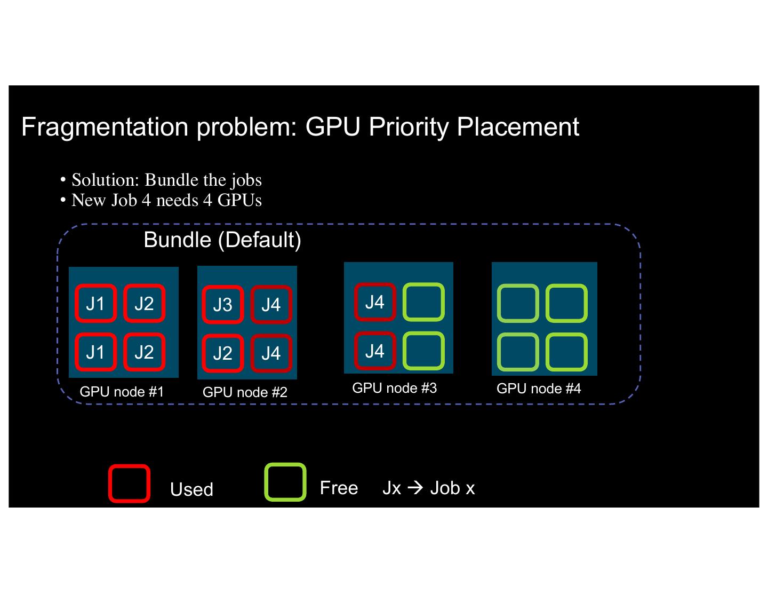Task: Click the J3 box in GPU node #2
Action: pos(222,305)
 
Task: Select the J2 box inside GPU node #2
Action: pos(222,353)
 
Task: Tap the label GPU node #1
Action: pos(122,392)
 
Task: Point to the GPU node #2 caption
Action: pos(245,392)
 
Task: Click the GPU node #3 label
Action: pos(394,388)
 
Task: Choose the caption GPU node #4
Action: pos(539,389)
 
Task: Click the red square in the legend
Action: pos(130,484)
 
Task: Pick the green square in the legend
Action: pos(285,482)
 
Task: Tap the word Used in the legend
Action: pos(191,489)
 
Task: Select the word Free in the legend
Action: pos(339,488)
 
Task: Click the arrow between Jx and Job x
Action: pos(415,488)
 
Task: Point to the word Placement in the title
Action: pos(518,127)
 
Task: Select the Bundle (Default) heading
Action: pos(222,240)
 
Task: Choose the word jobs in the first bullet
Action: pos(246,180)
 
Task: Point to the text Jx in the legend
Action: pos(391,488)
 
